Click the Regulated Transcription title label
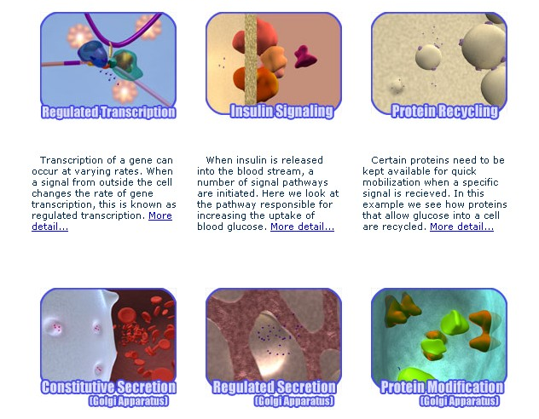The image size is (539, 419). point(108,112)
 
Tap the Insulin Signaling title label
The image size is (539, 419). point(282,112)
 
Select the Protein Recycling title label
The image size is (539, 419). point(445,112)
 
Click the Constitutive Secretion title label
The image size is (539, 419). point(108,387)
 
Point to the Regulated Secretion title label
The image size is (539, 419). point(274,387)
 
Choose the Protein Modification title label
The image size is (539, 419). point(442,387)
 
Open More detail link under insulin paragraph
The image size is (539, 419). point(302,227)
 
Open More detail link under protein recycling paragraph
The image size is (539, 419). point(461,227)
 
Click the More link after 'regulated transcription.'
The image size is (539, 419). point(160,215)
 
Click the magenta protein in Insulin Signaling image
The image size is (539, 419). point(304,56)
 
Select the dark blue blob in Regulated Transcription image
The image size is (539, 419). point(92,53)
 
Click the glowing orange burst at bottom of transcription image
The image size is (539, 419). point(125,92)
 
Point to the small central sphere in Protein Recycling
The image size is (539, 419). point(428,56)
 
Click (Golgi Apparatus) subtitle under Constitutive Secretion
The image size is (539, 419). point(129,401)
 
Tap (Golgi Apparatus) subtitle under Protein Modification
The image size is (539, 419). point(459,401)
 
